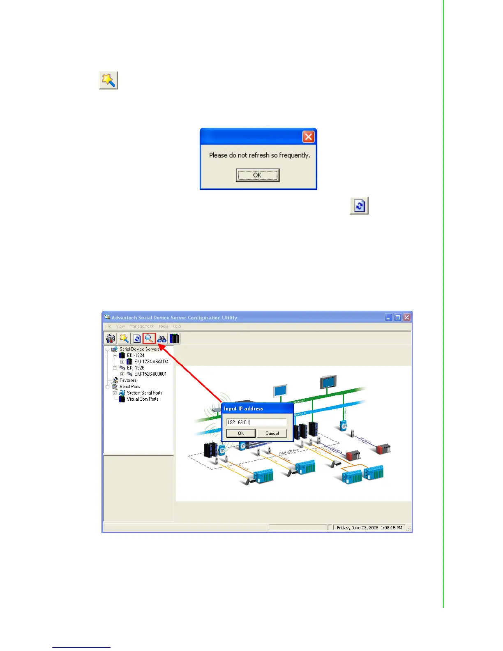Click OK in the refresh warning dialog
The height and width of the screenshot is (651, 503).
pyautogui.click(x=258, y=175)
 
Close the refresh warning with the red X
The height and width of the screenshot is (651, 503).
pyautogui.click(x=308, y=137)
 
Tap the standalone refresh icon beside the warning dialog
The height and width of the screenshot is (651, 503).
pyautogui.click(x=359, y=205)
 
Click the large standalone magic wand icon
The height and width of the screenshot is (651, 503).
pyautogui.click(x=108, y=80)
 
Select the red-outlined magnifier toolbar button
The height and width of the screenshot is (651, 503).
pyautogui.click(x=149, y=339)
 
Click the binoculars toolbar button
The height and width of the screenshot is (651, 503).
pyautogui.click(x=162, y=339)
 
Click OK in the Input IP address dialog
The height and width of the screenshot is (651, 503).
pyautogui.click(x=241, y=433)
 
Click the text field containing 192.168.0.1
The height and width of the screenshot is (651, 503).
pyautogui.click(x=256, y=422)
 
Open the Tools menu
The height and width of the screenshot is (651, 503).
pyautogui.click(x=163, y=326)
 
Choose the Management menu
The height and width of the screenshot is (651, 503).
pyautogui.click(x=141, y=326)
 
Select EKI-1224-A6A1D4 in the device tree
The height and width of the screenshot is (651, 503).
pyautogui.click(x=151, y=362)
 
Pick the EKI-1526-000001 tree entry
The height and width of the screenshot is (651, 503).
pyautogui.click(x=150, y=374)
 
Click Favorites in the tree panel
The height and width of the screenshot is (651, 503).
pyautogui.click(x=128, y=380)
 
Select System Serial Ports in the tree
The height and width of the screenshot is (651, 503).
pyautogui.click(x=144, y=393)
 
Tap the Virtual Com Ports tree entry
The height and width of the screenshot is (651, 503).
pyautogui.click(x=142, y=399)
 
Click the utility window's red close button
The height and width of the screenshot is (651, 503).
pyautogui.click(x=406, y=317)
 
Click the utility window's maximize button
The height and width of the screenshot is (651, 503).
pyautogui.click(x=397, y=317)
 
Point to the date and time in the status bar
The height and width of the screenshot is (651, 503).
pyautogui.click(x=369, y=528)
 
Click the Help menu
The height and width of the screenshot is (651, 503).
pyautogui.click(x=177, y=326)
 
